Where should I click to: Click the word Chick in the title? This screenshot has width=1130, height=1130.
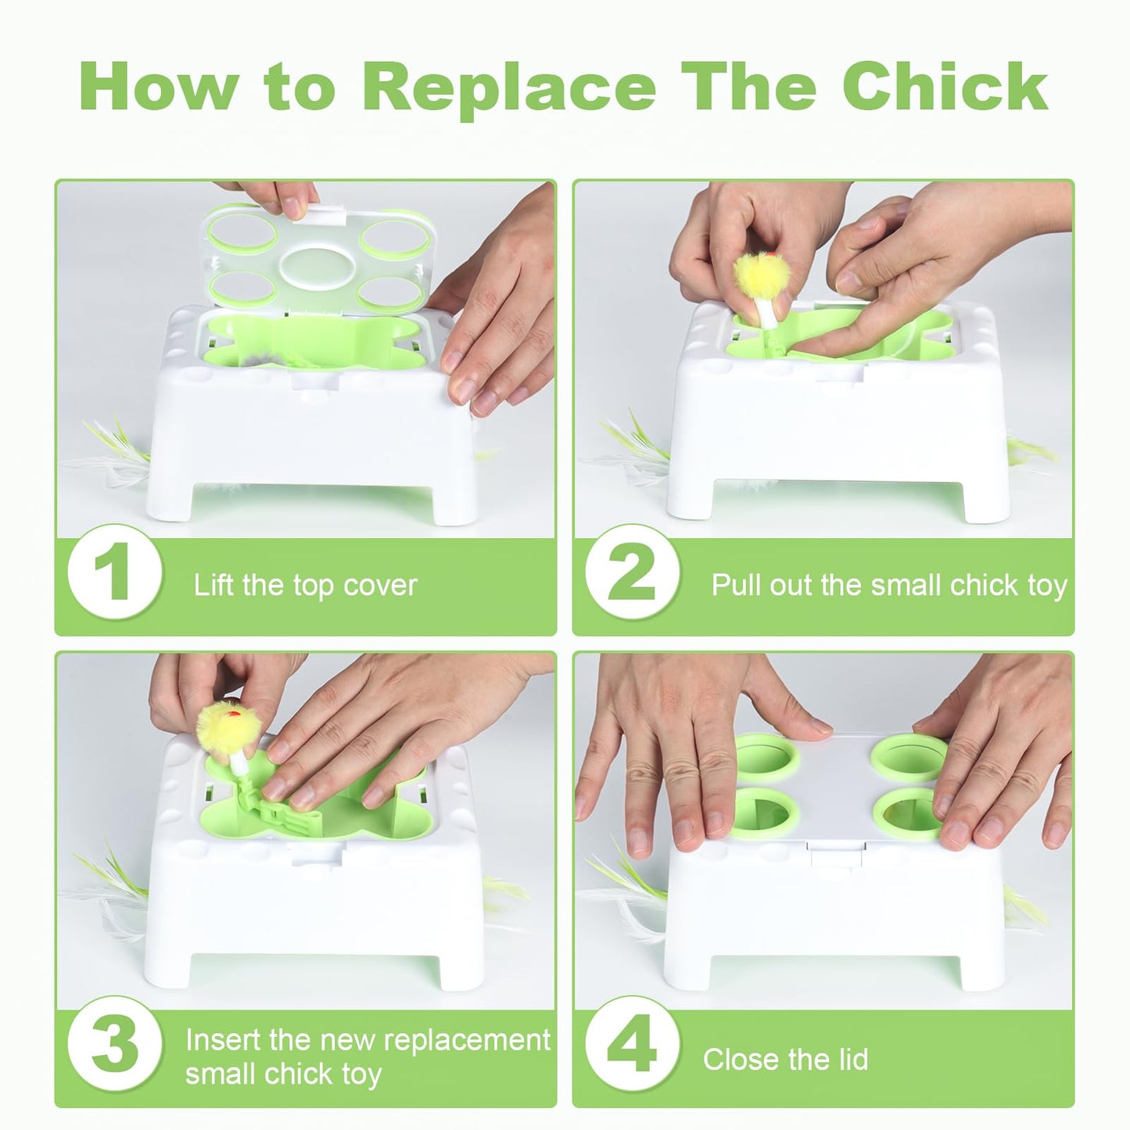(x=945, y=87)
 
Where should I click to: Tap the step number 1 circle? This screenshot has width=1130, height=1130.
(x=115, y=572)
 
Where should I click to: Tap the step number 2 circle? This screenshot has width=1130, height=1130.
(x=632, y=572)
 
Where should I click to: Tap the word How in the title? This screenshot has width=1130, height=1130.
(x=158, y=87)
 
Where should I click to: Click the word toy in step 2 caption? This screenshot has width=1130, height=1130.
(x=1048, y=586)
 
